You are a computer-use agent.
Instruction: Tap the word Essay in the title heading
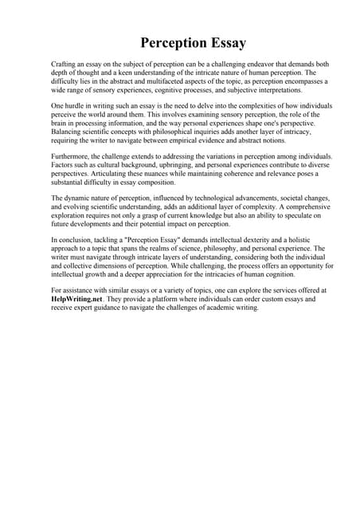[x=222, y=42]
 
